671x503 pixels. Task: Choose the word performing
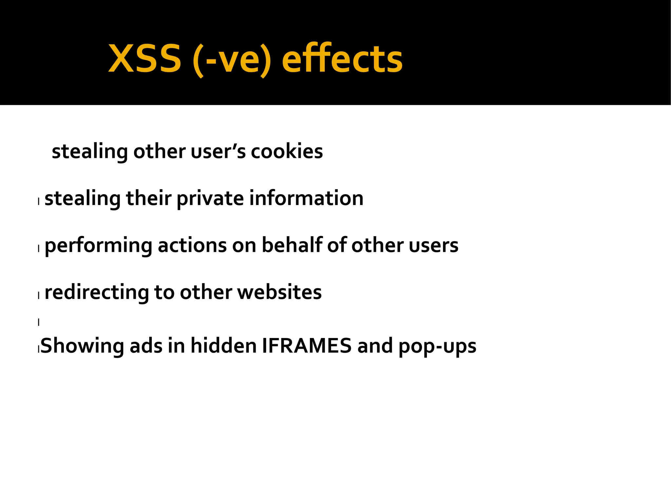(98, 246)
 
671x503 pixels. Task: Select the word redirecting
(97, 292)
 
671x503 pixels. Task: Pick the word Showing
(82, 346)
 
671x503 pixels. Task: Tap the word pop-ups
(437, 346)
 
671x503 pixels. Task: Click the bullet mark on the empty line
(39, 322)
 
